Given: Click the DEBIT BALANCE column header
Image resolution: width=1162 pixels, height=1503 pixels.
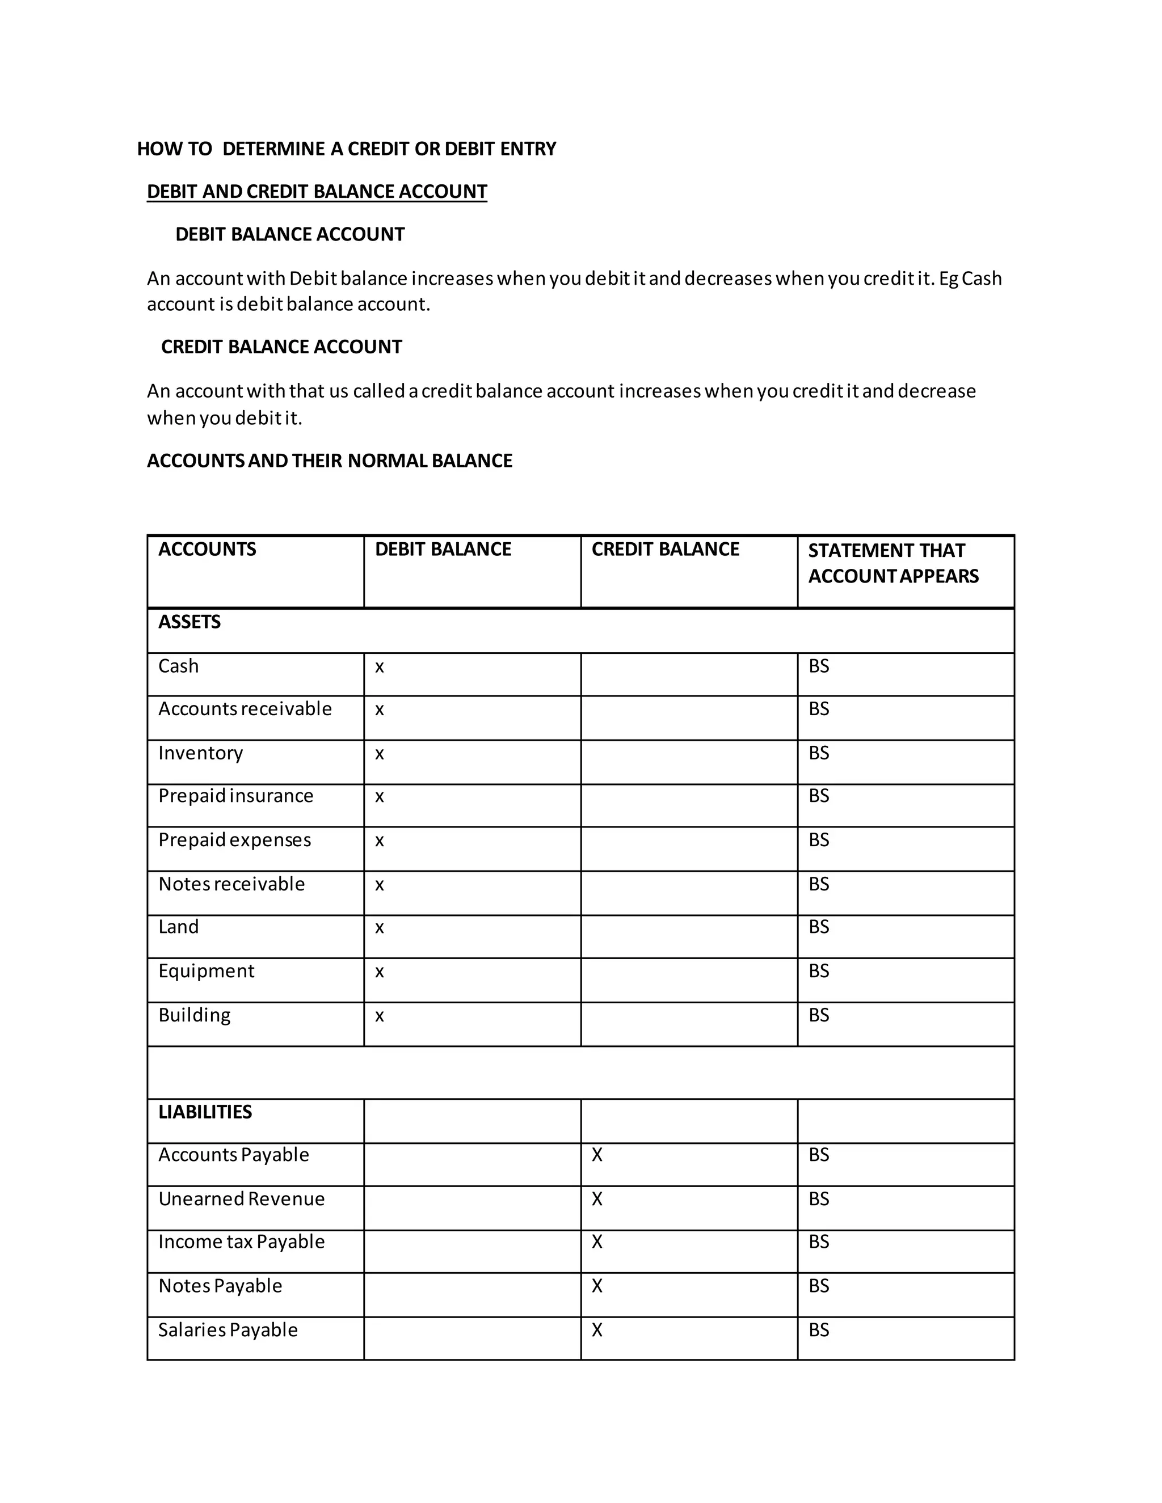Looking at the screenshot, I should pos(443,549).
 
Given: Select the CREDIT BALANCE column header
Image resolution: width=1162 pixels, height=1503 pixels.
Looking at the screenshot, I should pos(665,549).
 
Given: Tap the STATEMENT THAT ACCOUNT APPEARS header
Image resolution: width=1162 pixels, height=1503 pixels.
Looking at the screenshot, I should pos(893,563).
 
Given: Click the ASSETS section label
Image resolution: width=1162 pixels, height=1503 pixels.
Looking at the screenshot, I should pos(190,622).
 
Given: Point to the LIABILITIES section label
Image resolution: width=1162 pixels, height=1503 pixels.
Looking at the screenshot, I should pos(205,1112).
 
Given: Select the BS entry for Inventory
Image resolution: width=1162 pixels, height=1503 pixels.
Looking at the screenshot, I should pos(819,753).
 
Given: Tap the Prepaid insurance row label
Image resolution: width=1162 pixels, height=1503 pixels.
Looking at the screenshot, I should pos(235,796).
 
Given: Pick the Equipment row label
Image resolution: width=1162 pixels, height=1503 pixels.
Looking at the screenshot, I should pos(206,971).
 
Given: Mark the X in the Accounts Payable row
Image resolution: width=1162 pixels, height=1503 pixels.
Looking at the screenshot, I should pos(597,1155).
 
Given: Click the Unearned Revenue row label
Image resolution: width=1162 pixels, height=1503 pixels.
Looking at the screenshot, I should pos(241,1199).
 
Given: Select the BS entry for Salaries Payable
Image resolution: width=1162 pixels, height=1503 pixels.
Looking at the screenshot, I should pos(819,1330).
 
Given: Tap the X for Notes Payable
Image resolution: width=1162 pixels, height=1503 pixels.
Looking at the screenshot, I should pos(597,1286).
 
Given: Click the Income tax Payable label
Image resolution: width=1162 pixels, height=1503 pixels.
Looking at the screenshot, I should pos(241,1242).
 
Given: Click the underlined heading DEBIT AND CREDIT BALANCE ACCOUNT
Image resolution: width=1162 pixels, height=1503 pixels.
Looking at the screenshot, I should pos(317,191).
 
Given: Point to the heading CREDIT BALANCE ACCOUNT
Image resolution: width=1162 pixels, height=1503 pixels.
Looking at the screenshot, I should pos(281,347).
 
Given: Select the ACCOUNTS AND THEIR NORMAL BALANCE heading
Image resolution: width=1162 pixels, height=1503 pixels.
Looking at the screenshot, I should pos(329,461).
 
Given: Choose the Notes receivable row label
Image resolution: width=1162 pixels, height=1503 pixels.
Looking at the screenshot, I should pos(231,884).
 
